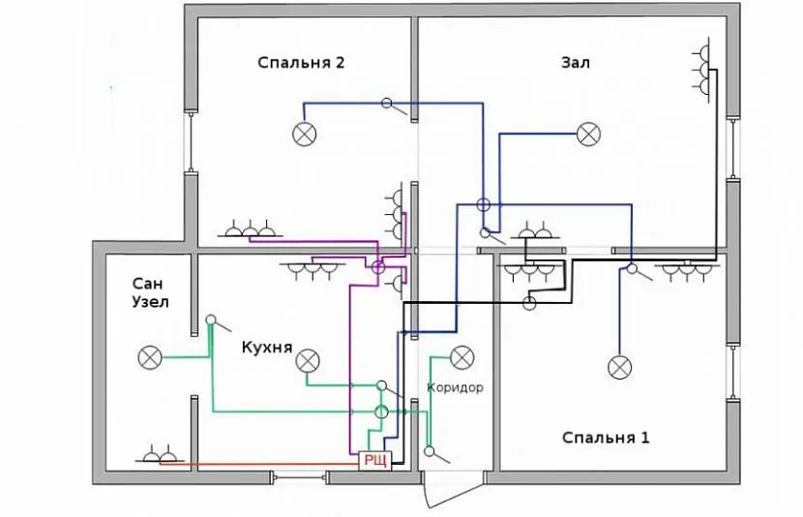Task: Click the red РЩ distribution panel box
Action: pyautogui.click(x=373, y=461)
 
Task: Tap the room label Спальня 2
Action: pyautogui.click(x=301, y=63)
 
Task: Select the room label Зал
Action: pyautogui.click(x=575, y=63)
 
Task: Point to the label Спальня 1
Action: pyautogui.click(x=607, y=438)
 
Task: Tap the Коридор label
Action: pyautogui.click(x=455, y=387)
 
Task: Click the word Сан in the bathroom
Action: pyautogui.click(x=150, y=283)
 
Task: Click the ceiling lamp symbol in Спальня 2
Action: pyautogui.click(x=306, y=134)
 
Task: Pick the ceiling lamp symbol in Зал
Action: pyautogui.click(x=587, y=134)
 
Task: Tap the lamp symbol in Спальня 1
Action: pyautogui.click(x=619, y=367)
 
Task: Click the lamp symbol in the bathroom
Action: pyautogui.click(x=150, y=358)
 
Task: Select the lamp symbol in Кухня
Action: pyautogui.click(x=307, y=361)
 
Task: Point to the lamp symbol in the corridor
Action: pyautogui.click(x=461, y=357)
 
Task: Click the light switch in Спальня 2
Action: pyautogui.click(x=387, y=104)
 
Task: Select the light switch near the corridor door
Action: pyautogui.click(x=429, y=449)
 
